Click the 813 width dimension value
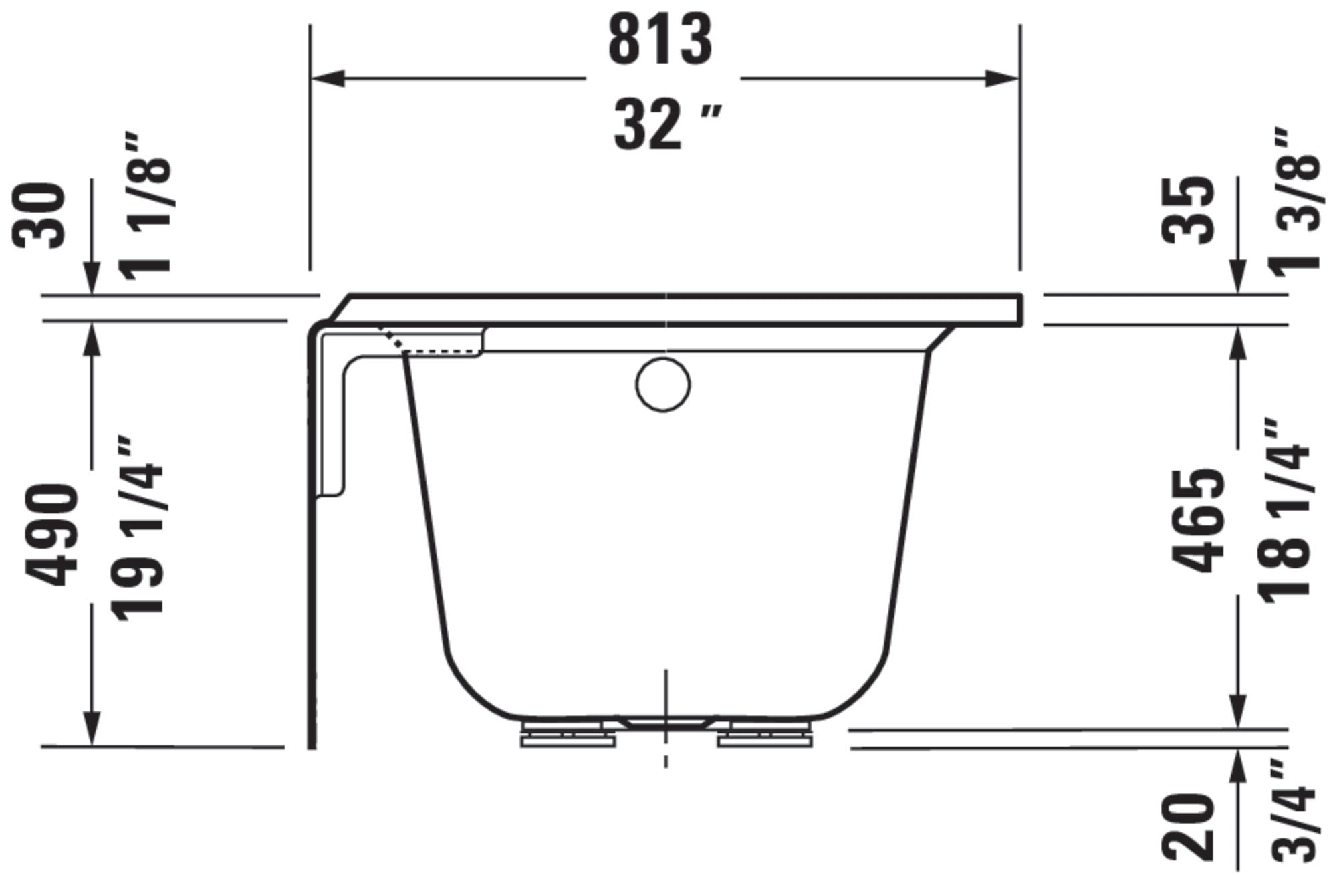[660, 41]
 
